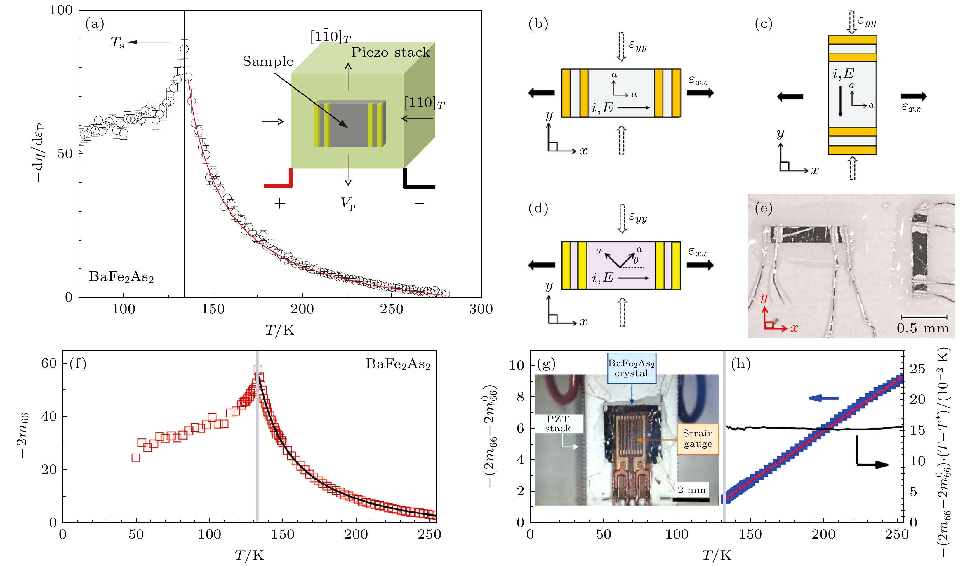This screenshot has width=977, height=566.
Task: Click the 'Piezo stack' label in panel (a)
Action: [x=390, y=52]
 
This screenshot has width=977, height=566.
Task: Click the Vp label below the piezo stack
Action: [x=348, y=203]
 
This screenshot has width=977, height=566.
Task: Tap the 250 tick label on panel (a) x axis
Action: [x=391, y=309]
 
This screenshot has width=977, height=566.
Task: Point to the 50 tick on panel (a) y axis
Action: [x=65, y=154]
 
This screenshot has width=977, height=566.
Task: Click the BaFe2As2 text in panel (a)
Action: [x=121, y=277]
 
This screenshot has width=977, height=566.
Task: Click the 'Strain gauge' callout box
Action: [x=698, y=438]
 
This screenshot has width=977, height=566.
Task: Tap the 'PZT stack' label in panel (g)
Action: [x=558, y=424]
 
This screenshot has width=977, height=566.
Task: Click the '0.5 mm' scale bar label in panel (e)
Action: [x=923, y=328]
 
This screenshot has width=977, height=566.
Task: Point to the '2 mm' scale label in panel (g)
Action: [x=692, y=490]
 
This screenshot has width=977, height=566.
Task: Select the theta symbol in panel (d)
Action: [x=636, y=260]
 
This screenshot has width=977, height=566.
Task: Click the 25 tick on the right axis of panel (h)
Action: [x=918, y=368]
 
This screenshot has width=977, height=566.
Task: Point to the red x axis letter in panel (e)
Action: [x=795, y=328]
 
